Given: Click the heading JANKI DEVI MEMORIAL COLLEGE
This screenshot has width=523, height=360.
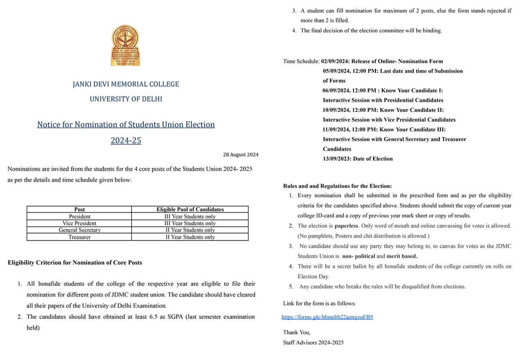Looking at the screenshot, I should point(125,84).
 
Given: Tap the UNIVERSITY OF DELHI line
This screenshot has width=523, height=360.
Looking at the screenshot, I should point(125,99).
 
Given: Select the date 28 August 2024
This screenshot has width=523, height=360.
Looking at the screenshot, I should point(240,155).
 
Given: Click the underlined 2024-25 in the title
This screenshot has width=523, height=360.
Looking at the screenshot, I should point(126,141).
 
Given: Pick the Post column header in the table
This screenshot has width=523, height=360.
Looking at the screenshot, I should point(80,209).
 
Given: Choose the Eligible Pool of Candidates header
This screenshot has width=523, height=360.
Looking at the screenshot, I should point(190,209).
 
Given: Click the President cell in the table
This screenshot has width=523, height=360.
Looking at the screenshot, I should point(80,216).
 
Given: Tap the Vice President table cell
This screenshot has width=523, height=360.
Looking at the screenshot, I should point(80,223).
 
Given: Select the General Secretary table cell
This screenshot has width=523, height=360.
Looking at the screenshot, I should point(80,230).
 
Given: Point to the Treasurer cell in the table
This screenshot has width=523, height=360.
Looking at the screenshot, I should point(80,237).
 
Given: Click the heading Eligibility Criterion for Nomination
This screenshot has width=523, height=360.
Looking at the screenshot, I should point(75,263).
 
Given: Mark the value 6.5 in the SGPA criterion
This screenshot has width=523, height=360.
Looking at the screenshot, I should point(150,317).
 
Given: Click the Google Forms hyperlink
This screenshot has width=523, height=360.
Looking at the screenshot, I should point(327,317).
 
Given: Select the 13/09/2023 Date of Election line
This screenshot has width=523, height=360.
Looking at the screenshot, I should point(358,159).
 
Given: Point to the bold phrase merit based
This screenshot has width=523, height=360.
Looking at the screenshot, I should point(402,256).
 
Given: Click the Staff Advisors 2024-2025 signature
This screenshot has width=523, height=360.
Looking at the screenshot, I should point(313,343).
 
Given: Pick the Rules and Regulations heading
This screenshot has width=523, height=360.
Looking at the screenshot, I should point(337,186).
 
